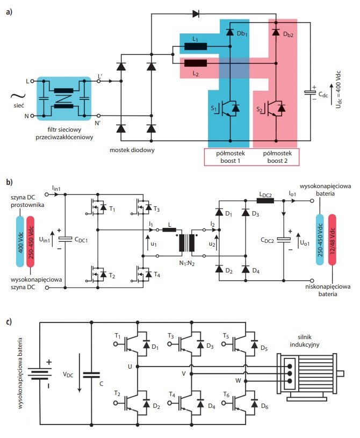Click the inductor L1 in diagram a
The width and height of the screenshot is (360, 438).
tap(196, 46)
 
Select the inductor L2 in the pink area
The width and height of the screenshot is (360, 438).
tap(196, 63)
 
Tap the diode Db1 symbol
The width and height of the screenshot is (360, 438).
tap(230, 32)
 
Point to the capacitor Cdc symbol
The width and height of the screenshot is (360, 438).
tap(310, 92)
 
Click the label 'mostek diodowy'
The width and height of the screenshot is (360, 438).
tap(132, 150)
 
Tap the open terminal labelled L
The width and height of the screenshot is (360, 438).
tap(32, 81)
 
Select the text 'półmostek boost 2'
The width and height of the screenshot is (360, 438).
tap(277, 157)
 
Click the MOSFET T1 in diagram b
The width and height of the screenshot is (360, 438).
tap(98, 207)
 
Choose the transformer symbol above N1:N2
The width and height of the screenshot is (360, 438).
tap(187, 243)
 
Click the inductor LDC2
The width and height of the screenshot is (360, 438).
tap(265, 200)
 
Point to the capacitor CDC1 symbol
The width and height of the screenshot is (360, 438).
tap(65, 239)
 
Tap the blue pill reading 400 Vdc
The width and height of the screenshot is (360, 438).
tap(20, 241)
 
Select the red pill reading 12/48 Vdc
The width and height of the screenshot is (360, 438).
tap(332, 239)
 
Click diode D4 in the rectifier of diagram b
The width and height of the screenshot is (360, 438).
tap(246, 269)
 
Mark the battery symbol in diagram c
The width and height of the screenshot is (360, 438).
tap(40, 374)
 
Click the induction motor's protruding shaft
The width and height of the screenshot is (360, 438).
tap(341, 374)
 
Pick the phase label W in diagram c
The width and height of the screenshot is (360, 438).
tap(238, 380)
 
